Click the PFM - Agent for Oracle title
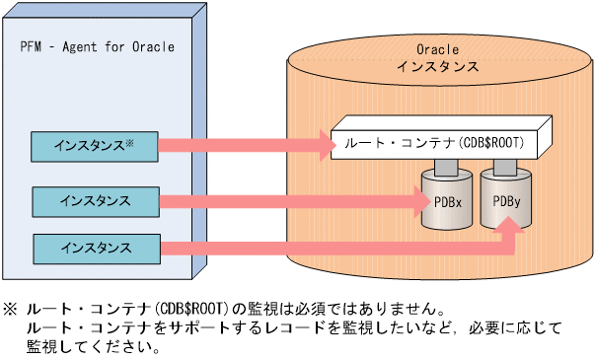pos(97,46)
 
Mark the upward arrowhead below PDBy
pos(510,228)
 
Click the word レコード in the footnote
pos(247,327)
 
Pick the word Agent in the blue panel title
pos(82,46)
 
